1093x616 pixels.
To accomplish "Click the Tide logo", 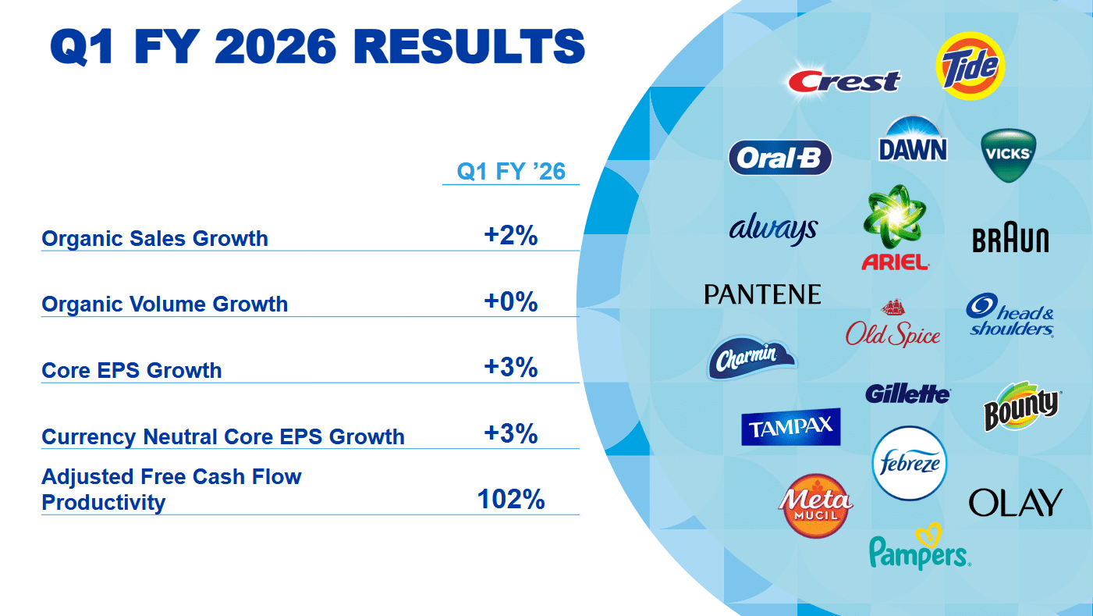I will pyautogui.click(x=970, y=66).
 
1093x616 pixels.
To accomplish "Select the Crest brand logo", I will pyautogui.click(x=843, y=80).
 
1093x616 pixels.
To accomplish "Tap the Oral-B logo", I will pyautogui.click(x=779, y=158).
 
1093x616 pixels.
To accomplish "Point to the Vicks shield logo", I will pyautogui.click(x=1008, y=155).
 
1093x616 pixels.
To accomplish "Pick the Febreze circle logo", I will pyautogui.click(x=909, y=463).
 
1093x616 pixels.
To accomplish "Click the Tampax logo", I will pyautogui.click(x=790, y=426).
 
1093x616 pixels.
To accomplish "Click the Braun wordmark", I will pyautogui.click(x=1010, y=240).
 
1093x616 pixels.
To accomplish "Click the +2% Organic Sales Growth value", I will pyautogui.click(x=511, y=236).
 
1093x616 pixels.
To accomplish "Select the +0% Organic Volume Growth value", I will pyautogui.click(x=511, y=302).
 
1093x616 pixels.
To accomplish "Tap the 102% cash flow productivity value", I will pyautogui.click(x=511, y=500).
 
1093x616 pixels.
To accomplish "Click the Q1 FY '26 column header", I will pyautogui.click(x=511, y=171).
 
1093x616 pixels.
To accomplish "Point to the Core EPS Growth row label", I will pyautogui.click(x=132, y=370).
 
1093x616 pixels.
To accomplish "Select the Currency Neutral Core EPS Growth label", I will pyautogui.click(x=223, y=436).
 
